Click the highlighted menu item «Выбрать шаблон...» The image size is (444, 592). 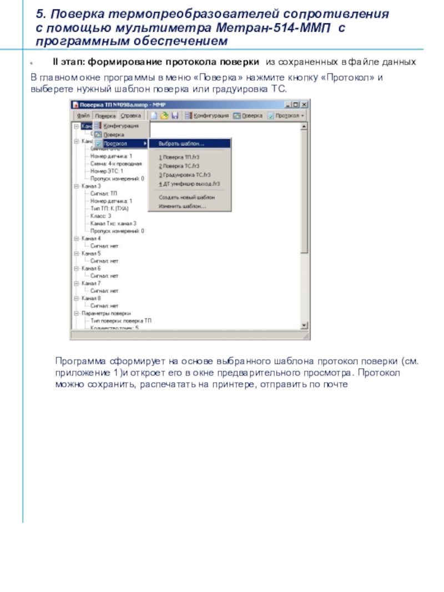(x=181, y=144)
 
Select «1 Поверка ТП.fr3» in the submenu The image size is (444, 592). (x=179, y=158)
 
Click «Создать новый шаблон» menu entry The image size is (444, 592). (x=186, y=197)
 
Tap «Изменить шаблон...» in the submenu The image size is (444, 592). (x=182, y=206)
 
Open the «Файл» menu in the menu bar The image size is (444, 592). (x=84, y=116)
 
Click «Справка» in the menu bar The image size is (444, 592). (x=130, y=116)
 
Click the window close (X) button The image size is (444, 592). (x=305, y=104)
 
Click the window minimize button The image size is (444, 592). (x=289, y=104)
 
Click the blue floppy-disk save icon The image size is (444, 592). (x=175, y=116)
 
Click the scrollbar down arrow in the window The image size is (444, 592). (x=304, y=326)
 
